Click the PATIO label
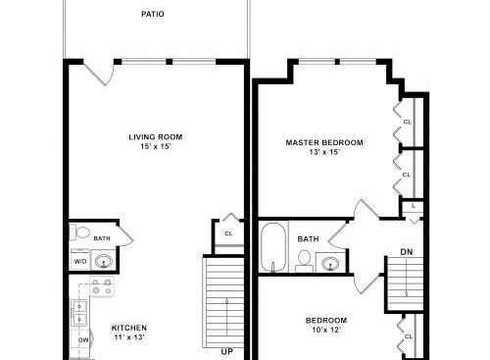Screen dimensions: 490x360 pos(153,14)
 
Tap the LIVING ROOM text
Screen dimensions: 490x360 pos(156,137)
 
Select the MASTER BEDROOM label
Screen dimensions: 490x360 pos(324,142)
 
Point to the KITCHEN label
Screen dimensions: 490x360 pos(129,328)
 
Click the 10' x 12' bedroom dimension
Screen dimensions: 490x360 pos(326,330)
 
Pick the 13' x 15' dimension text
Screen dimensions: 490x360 pos(324,152)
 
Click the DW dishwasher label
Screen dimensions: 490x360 pos(83,340)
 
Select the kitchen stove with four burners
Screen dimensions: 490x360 pos(102,286)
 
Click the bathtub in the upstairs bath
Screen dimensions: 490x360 pos(273,247)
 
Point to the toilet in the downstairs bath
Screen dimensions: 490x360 pos(79,232)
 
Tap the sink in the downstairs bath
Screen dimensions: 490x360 pos(104,262)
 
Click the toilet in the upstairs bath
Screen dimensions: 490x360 pos(304,261)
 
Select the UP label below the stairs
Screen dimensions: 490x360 pos(227,352)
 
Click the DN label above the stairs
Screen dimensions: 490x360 pos(407,252)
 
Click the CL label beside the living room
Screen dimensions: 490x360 pos(228,233)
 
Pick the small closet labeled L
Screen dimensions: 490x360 pos(413,207)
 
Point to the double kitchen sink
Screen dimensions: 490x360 pos(79,313)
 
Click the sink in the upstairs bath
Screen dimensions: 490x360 pos(330,263)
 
